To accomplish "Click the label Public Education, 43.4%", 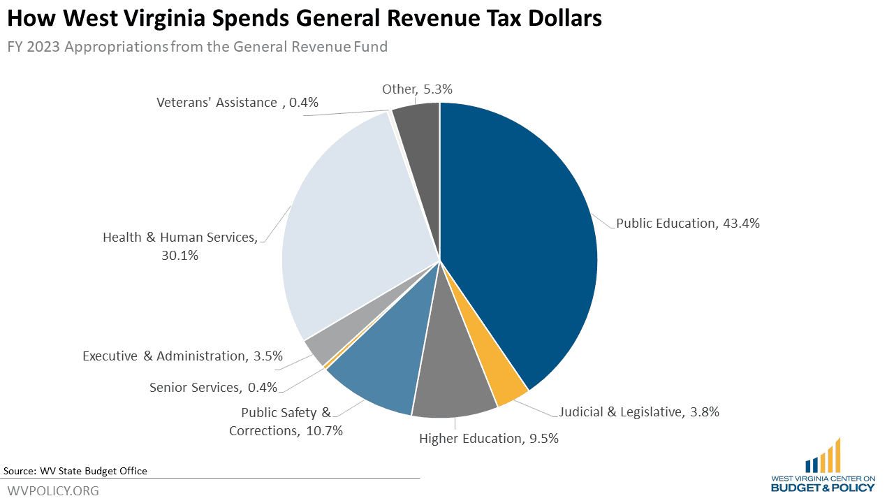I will point(687,224).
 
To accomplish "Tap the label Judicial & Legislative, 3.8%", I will point(639,411).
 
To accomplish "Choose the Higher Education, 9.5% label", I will point(488,438).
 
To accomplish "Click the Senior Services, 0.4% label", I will point(213,387).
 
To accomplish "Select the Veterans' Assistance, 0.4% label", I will point(237,103).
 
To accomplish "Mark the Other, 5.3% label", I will point(417,89).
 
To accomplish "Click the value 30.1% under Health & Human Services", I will point(180,256).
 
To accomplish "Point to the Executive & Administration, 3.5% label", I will point(182,356).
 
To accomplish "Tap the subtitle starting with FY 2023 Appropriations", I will point(197,47).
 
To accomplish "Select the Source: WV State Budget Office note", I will point(75,471).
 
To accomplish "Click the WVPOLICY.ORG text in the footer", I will point(53,490).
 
